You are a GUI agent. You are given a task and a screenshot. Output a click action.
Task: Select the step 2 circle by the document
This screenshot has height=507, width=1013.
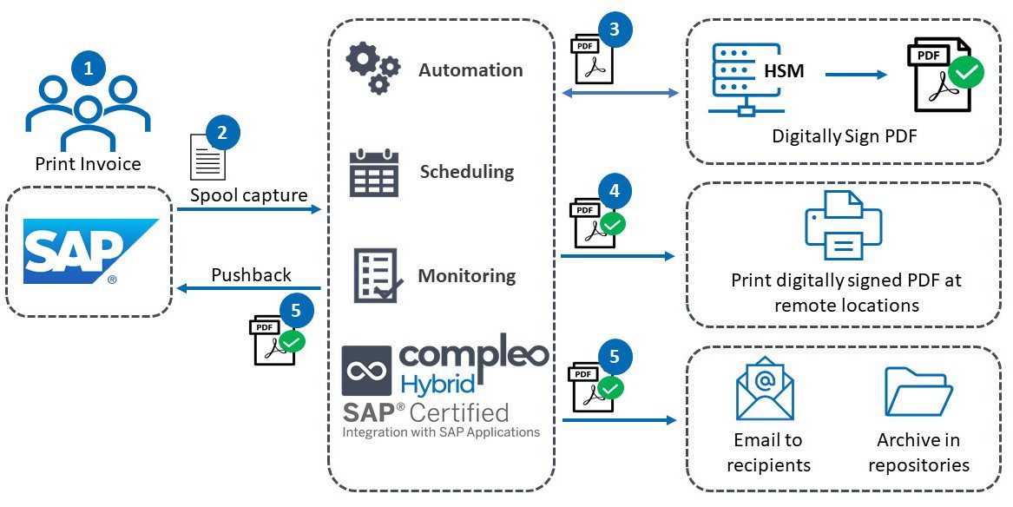click(x=222, y=133)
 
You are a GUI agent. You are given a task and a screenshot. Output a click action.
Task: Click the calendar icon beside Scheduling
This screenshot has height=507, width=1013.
click(x=373, y=173)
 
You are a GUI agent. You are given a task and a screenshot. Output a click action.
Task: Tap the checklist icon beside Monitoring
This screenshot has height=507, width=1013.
click(x=375, y=276)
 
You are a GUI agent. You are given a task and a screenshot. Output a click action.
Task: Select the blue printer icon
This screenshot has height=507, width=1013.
click(x=843, y=226)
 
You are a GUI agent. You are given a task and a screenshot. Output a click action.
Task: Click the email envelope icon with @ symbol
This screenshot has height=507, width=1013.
click(x=765, y=388)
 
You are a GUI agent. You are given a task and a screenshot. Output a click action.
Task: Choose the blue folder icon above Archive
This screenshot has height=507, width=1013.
click(x=918, y=391)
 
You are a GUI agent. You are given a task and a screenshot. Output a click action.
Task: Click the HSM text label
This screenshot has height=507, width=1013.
click(x=784, y=71)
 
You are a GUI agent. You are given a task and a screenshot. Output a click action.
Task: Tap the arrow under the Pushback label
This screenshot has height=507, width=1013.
click(x=249, y=289)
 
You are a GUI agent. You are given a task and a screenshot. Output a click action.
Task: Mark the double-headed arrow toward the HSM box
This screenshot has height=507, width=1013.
click(x=620, y=92)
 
